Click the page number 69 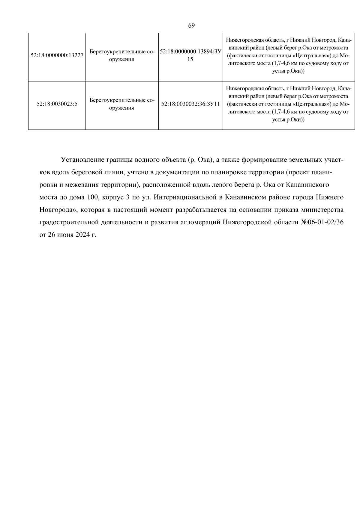pyautogui.click(x=191, y=25)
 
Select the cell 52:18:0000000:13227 pyautogui.click(x=57, y=55)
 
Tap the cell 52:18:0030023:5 pyautogui.click(x=57, y=104)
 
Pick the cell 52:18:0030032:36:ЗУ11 pyautogui.click(x=190, y=104)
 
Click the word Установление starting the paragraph pyautogui.click(x=82, y=160)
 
